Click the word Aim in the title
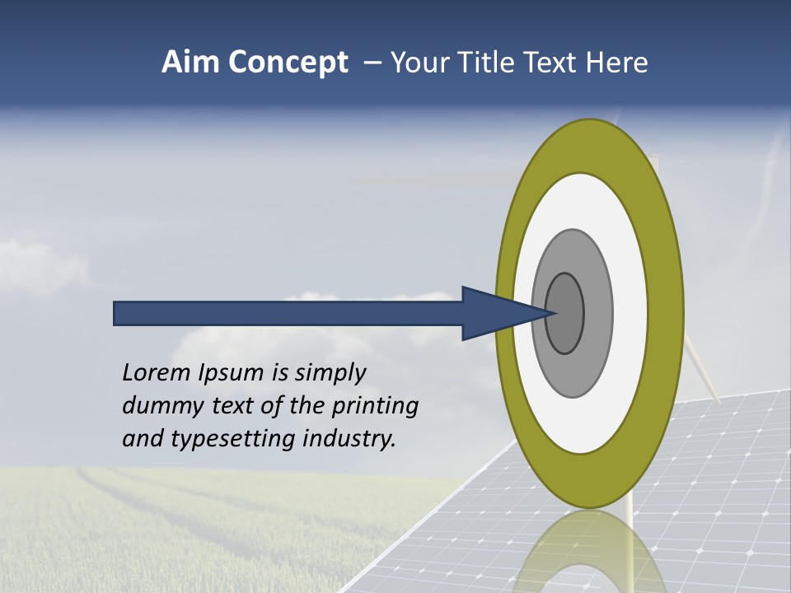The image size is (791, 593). tap(190, 62)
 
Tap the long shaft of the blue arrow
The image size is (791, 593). tap(288, 313)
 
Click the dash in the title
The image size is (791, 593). tap(372, 63)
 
